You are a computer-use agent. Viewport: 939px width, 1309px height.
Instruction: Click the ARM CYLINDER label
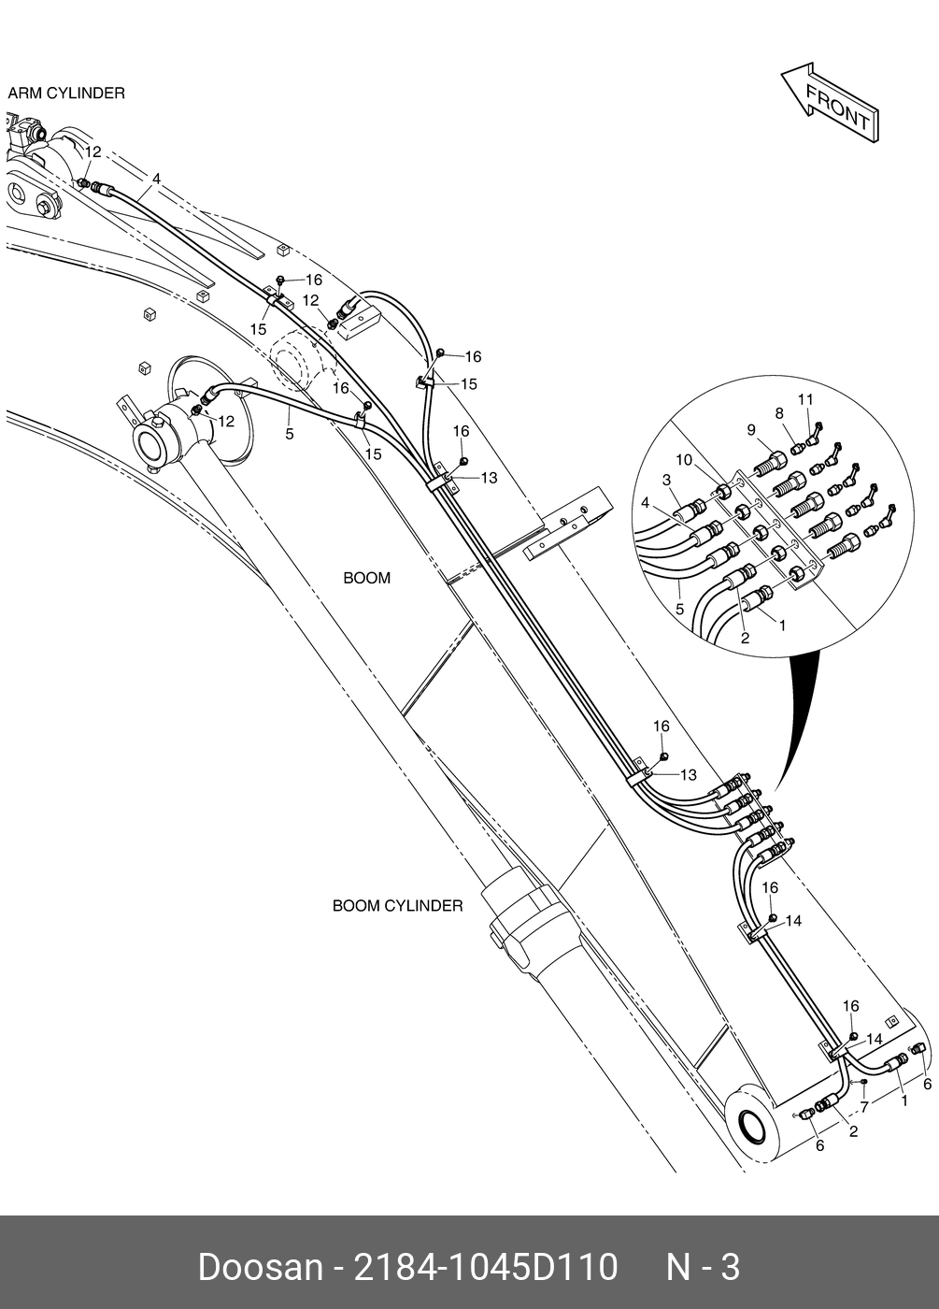click(66, 93)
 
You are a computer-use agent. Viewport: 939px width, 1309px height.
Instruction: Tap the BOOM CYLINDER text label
click(397, 906)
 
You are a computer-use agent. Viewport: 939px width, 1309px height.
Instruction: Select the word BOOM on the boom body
click(367, 578)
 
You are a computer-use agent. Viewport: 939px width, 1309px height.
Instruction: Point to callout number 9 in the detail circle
click(750, 429)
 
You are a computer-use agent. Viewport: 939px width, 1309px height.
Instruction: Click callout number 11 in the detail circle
click(805, 399)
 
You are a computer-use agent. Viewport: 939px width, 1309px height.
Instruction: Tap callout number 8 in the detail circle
click(778, 412)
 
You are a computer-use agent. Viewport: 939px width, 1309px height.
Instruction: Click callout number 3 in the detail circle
click(667, 480)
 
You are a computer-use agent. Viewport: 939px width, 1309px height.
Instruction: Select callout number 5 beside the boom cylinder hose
click(290, 434)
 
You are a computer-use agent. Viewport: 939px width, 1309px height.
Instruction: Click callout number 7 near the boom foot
click(864, 1107)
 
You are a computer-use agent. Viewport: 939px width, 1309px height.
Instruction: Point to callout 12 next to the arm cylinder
click(93, 151)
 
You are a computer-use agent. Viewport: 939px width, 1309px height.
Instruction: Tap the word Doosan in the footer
click(259, 1268)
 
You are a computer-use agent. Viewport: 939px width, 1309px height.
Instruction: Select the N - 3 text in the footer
click(703, 1268)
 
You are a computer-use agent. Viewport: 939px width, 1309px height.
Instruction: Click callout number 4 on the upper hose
click(156, 179)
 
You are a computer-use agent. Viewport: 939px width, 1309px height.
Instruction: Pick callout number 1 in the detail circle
click(782, 625)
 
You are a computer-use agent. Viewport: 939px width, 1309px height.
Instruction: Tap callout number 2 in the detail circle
click(745, 639)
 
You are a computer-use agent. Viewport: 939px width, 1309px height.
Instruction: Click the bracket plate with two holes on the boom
click(567, 529)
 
